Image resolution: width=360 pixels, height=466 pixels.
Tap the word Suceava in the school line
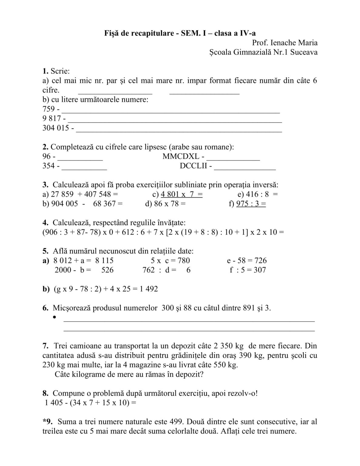[304, 52]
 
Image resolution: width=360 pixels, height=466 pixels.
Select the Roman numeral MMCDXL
[181, 156]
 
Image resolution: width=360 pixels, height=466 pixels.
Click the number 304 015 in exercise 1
[56, 128]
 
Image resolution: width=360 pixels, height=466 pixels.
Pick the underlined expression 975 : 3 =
[251, 204]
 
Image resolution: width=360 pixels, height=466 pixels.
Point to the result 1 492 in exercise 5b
[149, 289]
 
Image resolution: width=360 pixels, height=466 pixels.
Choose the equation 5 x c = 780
[170, 260]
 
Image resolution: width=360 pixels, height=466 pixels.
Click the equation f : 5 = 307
[247, 270]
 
